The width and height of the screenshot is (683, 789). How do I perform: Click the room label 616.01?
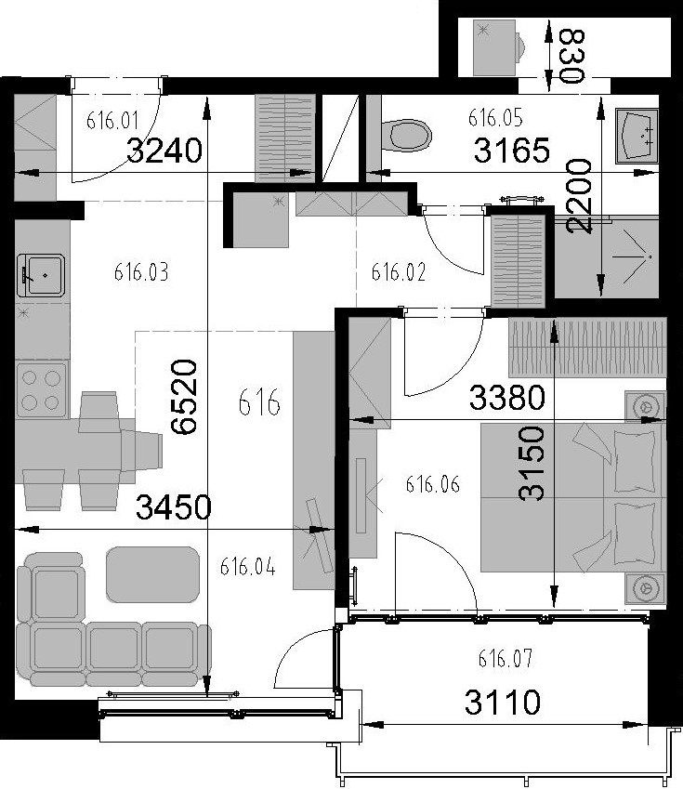(x=112, y=121)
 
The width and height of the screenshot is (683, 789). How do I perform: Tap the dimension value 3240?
(x=164, y=151)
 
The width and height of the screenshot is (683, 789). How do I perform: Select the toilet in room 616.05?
(x=407, y=135)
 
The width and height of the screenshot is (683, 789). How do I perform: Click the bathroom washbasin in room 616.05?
(x=637, y=136)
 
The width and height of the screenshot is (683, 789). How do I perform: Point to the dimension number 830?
(x=572, y=57)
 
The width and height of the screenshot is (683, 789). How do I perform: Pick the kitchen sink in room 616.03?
(x=41, y=275)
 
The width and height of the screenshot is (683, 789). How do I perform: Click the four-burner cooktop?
(x=41, y=390)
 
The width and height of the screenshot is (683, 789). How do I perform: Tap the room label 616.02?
(x=398, y=272)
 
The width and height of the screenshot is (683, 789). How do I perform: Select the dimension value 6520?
(x=183, y=397)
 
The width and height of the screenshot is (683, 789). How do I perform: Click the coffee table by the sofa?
(x=153, y=574)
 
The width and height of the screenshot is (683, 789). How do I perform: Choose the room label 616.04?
(x=247, y=567)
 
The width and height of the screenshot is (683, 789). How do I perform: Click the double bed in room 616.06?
(x=573, y=497)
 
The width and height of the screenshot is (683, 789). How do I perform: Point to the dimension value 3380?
(x=506, y=397)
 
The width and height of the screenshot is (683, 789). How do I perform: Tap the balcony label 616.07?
(x=505, y=658)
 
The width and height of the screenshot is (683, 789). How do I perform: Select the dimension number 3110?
(x=503, y=703)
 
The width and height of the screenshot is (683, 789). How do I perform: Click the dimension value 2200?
(x=579, y=196)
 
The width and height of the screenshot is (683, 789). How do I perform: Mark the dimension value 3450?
(x=174, y=506)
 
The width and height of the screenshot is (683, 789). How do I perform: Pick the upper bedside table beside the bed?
(x=646, y=406)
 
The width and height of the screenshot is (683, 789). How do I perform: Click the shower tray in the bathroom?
(x=606, y=257)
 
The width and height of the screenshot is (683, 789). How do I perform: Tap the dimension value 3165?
(x=512, y=151)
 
